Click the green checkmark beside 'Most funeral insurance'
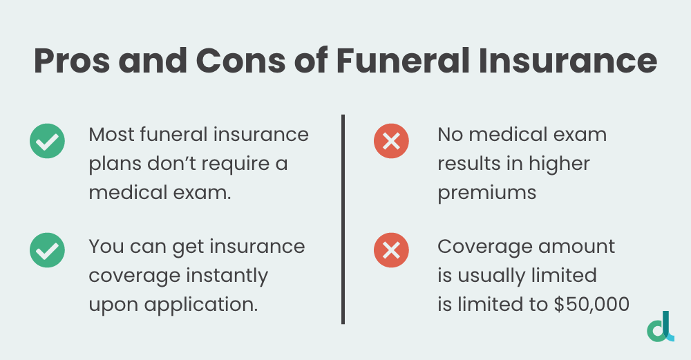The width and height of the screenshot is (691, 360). point(47,142)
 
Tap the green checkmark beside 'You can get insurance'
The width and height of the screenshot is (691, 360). point(47,250)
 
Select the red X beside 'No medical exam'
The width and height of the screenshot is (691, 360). point(391,142)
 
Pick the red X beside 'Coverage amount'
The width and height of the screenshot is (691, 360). point(391,250)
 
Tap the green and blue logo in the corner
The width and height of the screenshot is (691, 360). point(661,326)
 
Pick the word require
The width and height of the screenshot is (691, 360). point(237,164)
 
